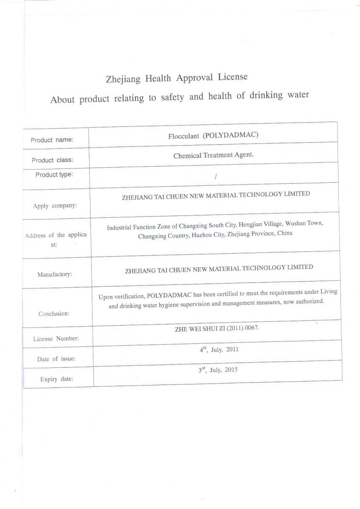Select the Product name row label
click(52, 140)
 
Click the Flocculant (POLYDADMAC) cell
click(213, 135)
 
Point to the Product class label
click(52, 160)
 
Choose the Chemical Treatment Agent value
click(213, 155)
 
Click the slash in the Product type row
click(216, 176)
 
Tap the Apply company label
click(55, 206)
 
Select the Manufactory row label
click(54, 274)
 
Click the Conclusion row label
click(53, 314)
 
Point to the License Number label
click(56, 339)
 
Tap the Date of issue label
click(56, 359)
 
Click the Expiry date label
click(56, 379)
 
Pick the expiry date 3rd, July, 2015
click(217, 369)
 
